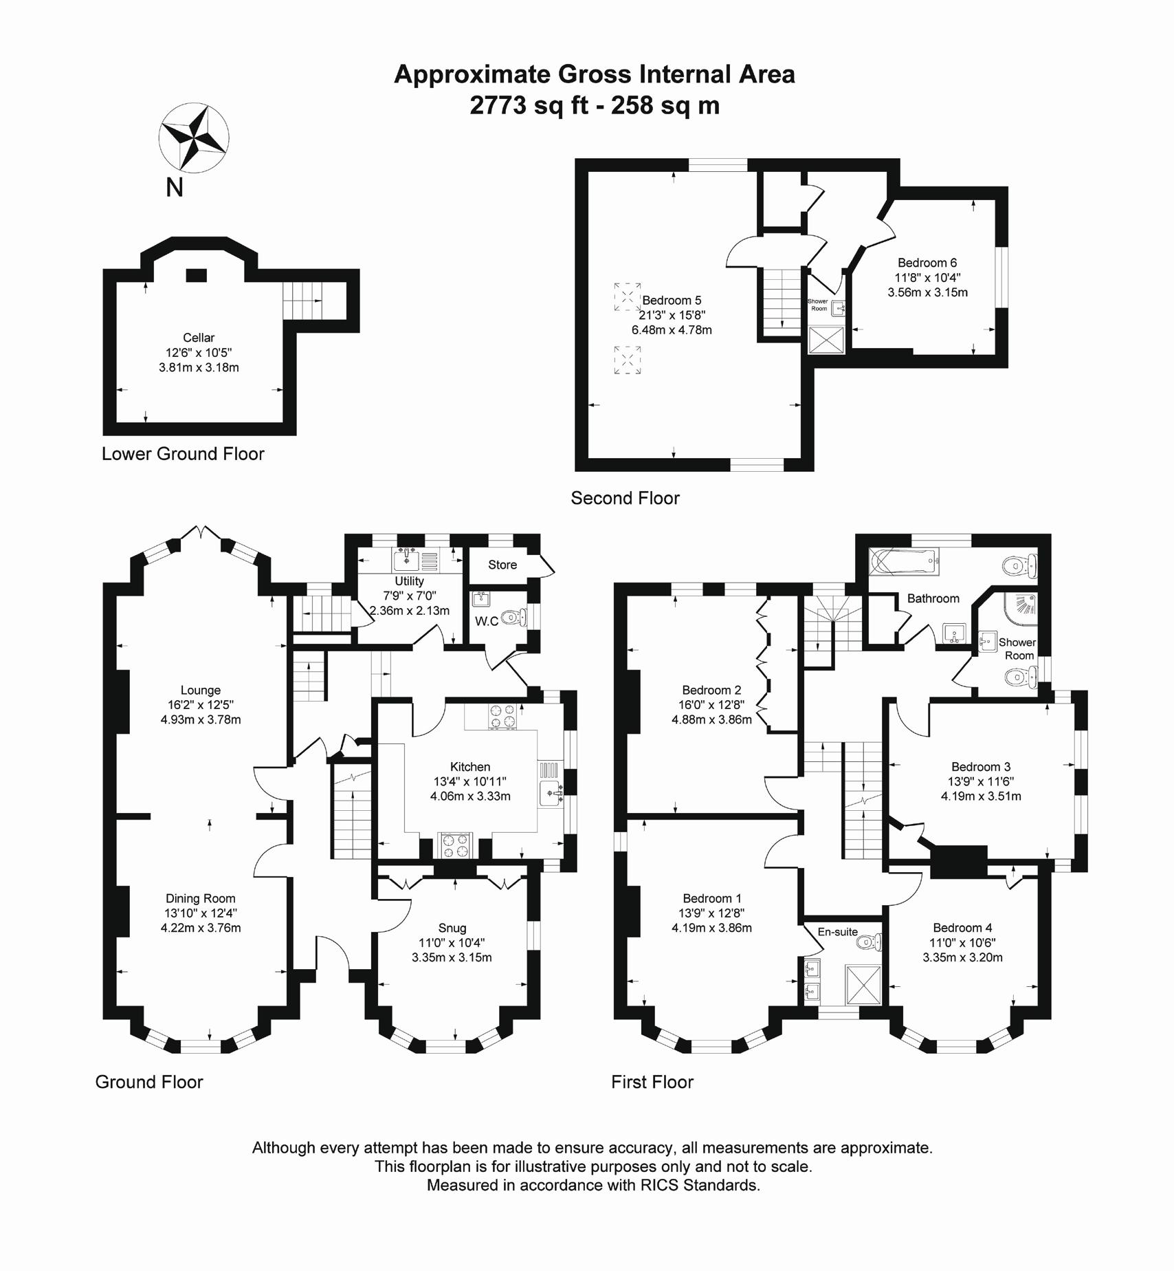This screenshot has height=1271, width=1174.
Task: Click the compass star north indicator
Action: coord(193,137)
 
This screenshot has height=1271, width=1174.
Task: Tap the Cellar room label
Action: coord(199,338)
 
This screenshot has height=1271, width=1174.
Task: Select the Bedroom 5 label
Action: coord(672,301)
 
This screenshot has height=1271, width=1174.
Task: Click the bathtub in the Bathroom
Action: coord(903,561)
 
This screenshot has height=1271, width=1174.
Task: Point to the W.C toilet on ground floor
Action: coord(512,618)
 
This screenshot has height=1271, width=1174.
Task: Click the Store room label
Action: coord(502,565)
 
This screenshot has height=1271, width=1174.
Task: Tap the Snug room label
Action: coord(452,928)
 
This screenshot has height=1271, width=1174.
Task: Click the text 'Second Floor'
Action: coord(625,498)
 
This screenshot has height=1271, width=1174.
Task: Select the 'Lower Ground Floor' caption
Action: coord(183,454)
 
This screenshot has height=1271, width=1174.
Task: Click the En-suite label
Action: coord(837,932)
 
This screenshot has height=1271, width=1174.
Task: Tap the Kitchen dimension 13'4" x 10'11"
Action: coord(470,781)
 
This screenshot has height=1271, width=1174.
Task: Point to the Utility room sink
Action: coord(407,560)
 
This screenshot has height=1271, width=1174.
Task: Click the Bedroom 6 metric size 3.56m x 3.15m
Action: coord(927,292)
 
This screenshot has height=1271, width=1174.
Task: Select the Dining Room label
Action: coord(200,898)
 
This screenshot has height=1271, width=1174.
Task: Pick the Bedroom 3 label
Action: coord(981,767)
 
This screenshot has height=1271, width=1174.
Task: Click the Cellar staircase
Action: coord(302,301)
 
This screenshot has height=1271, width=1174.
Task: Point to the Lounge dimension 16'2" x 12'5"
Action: coord(200,705)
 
